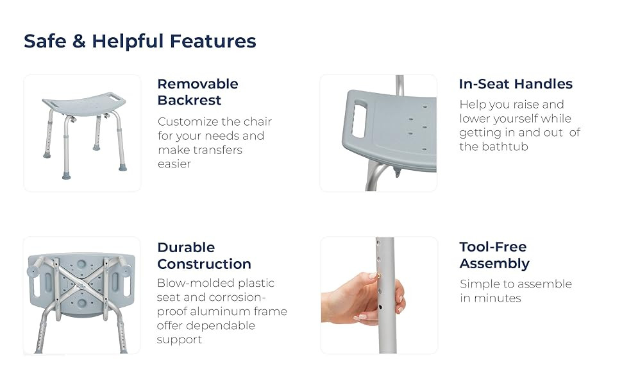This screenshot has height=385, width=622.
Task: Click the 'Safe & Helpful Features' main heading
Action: pos(140,41)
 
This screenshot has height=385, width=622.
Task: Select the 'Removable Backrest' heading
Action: pos(198,92)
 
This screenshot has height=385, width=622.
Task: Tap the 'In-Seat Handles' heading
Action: pos(516,84)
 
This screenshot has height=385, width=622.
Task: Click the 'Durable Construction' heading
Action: pos(204,255)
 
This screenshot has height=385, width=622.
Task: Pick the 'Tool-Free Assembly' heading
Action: pos(494,255)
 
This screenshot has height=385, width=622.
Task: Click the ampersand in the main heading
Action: pos(79,41)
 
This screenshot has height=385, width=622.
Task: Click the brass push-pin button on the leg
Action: pos(379,275)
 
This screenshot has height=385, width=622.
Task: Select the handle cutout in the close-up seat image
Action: pos(359,120)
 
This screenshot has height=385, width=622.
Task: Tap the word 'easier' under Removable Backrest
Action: pos(174,164)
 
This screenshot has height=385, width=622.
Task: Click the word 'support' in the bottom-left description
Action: pos(180,340)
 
